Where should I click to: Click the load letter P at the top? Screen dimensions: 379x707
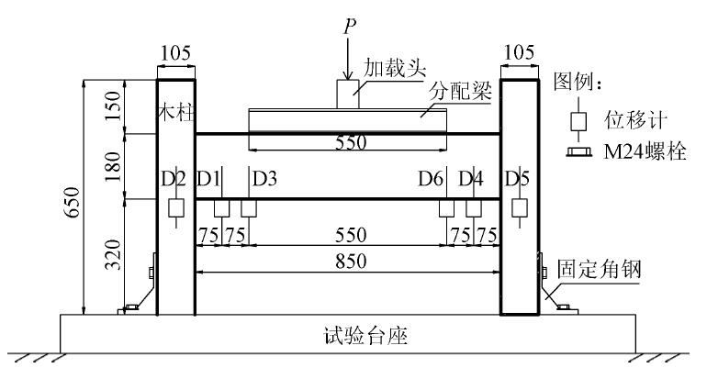pos(348,25)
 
